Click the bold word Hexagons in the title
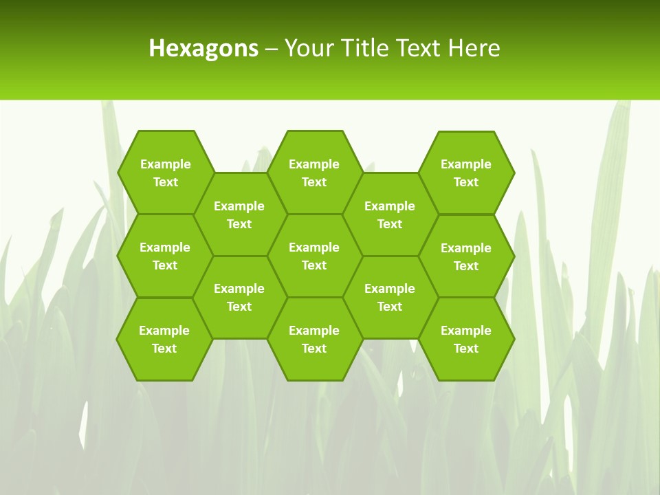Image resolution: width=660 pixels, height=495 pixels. pyautogui.click(x=203, y=48)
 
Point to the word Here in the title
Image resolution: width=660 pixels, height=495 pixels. pyautogui.click(x=474, y=48)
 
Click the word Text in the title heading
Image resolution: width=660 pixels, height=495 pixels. pyautogui.click(x=416, y=48)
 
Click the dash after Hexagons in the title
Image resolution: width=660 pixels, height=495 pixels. pyautogui.click(x=271, y=49)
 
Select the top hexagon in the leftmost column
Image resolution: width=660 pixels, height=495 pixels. pyautogui.click(x=165, y=173)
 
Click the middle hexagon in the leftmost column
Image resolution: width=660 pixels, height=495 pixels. pyautogui.click(x=165, y=256)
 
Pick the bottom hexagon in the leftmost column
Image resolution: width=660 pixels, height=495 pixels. pyautogui.click(x=164, y=339)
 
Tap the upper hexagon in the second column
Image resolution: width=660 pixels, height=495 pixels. pyautogui.click(x=239, y=214)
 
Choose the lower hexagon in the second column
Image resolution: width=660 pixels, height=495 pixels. pyautogui.click(x=239, y=297)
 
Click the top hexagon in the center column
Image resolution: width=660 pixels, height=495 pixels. pyautogui.click(x=314, y=173)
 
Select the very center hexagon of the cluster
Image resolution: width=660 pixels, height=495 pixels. pyautogui.click(x=314, y=256)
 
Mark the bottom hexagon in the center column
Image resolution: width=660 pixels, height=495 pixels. pyautogui.click(x=314, y=339)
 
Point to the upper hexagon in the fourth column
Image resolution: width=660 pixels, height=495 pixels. pyautogui.click(x=390, y=214)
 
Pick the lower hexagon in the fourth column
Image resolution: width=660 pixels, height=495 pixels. pyautogui.click(x=390, y=297)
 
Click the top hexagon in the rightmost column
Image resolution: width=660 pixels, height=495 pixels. pyautogui.click(x=466, y=173)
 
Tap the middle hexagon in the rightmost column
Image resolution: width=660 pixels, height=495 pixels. pyautogui.click(x=466, y=256)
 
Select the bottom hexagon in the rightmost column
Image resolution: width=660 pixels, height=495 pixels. pyautogui.click(x=466, y=339)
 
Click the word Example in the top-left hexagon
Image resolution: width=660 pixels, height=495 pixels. pyautogui.click(x=165, y=164)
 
